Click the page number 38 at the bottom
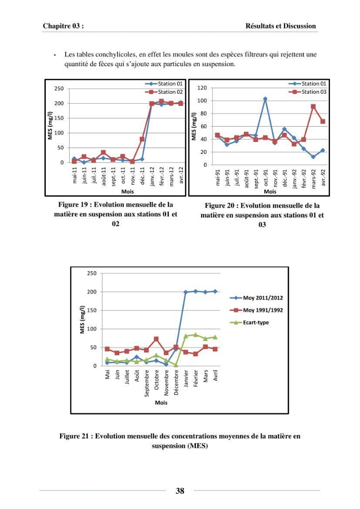[180, 491]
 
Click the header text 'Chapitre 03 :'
[63, 26]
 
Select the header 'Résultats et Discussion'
[281, 26]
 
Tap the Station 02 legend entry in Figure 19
[164, 92]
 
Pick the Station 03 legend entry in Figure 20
[308, 92]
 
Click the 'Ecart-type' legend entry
[250, 322]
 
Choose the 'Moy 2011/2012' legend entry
[257, 298]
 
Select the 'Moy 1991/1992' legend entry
[257, 310]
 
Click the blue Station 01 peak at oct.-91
[265, 99]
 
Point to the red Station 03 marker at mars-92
[313, 106]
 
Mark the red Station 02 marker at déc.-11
[142, 139]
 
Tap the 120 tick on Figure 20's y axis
[202, 88]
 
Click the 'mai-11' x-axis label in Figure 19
[75, 175]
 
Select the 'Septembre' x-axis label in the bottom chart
[147, 383]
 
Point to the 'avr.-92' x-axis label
[323, 178]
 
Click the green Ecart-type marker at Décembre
[176, 365]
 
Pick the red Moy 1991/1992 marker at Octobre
[156, 339]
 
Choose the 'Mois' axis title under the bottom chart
[161, 403]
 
